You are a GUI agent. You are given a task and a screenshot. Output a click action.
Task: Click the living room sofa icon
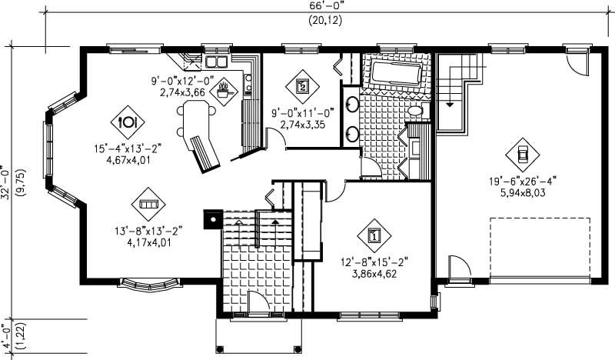(x=148, y=204)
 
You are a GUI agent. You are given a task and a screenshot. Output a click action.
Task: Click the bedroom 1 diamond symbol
(x=374, y=235)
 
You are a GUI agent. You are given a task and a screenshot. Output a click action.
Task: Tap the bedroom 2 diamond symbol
(x=302, y=85)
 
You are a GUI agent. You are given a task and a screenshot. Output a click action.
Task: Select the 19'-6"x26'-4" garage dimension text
(x=522, y=182)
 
